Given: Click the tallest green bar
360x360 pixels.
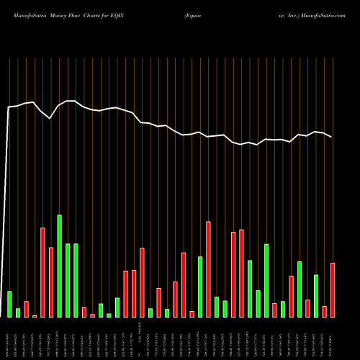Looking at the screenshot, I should coord(59,266).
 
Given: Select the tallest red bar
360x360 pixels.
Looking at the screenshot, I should coord(208,269).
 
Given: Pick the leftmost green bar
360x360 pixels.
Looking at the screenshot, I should coord(9,304).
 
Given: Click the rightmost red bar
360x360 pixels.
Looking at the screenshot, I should coord(333,290).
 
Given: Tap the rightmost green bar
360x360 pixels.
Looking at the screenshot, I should coord(316,296).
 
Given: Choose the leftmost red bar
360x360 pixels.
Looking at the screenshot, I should coord(26,309).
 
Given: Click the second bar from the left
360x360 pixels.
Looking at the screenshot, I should coord(18,312).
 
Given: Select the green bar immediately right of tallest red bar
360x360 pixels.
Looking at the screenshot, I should coord(217,307).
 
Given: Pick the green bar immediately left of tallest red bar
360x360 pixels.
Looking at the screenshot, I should coord(200,287).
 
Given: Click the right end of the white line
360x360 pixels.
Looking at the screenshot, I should coord(332,137).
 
